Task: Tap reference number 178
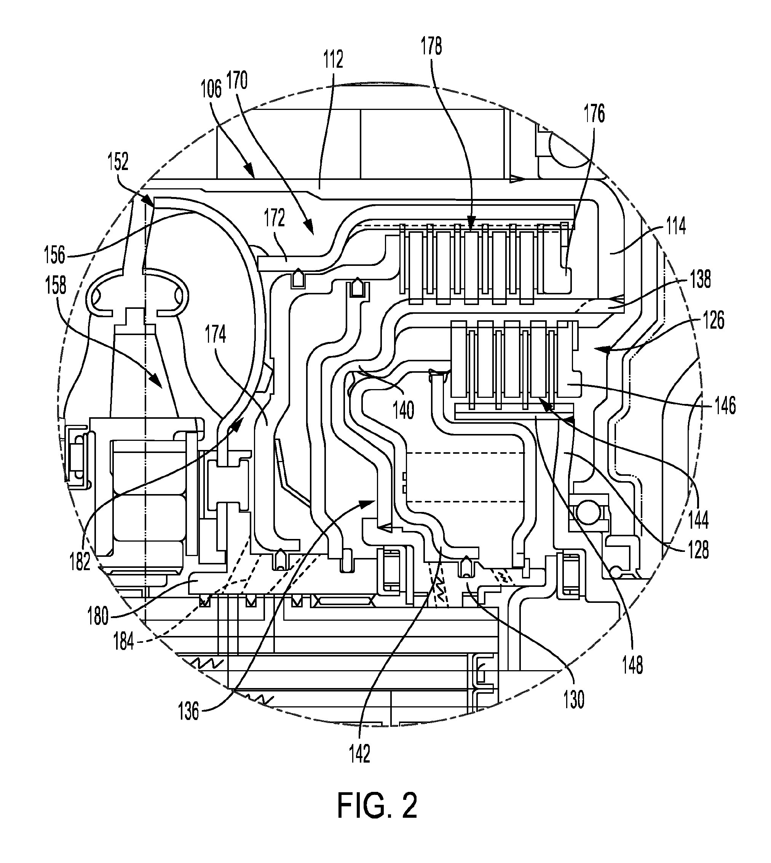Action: [x=431, y=46]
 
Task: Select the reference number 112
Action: [x=333, y=60]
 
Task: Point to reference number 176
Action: [x=595, y=114]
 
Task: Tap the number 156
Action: [x=55, y=255]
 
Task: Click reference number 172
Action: [x=275, y=218]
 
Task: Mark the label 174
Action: [x=215, y=335]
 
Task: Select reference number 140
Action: [x=403, y=410]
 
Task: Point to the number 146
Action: [x=725, y=405]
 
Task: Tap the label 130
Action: [x=574, y=699]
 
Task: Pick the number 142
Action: [x=360, y=754]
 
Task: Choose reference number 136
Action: [x=188, y=712]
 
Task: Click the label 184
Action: [x=124, y=642]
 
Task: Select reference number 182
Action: [x=80, y=562]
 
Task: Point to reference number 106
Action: [x=211, y=89]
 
